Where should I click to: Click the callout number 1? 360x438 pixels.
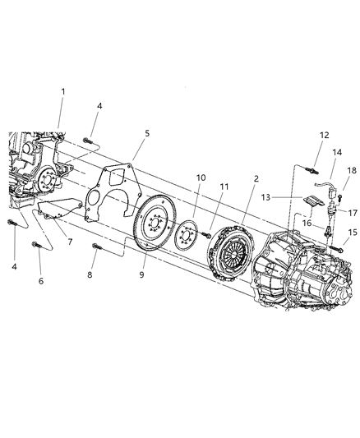point(62,90)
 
